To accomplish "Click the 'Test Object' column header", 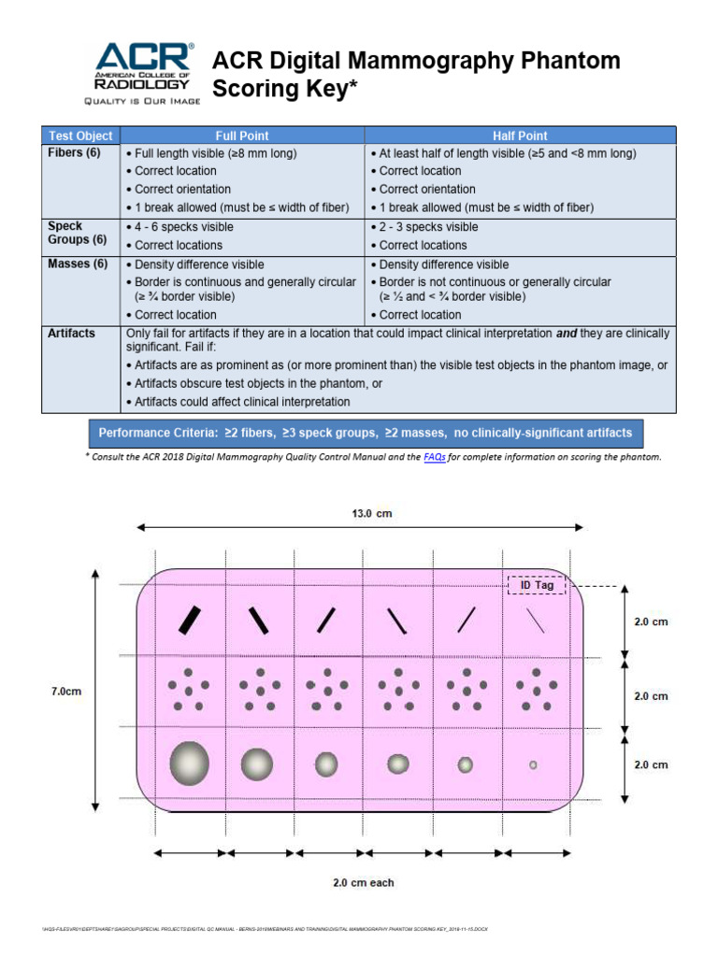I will point(80,136).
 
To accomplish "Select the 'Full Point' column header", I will point(242,136).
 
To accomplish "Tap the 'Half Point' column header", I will point(520,136).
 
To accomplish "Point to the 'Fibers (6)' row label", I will point(74,152).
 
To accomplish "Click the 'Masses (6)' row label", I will point(78,264).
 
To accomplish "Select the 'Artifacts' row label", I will point(71,333).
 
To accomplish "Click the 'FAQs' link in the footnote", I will point(434,457).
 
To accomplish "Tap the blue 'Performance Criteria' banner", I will point(366,433).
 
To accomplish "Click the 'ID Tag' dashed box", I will point(537,585).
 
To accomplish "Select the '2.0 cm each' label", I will point(364,881).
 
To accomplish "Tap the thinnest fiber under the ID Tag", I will point(535,620).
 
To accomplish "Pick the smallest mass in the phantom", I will point(533,764).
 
